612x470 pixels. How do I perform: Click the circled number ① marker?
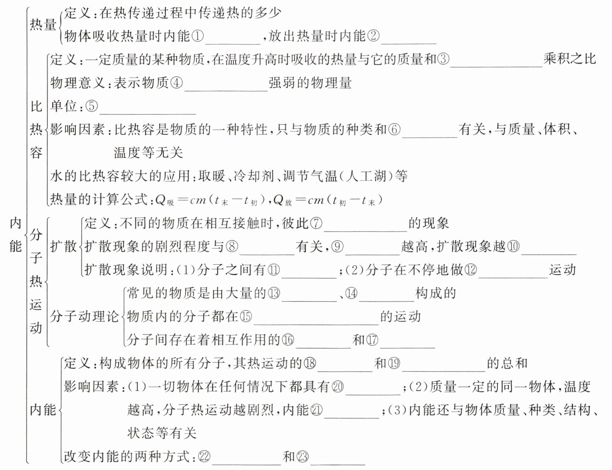tap(198, 36)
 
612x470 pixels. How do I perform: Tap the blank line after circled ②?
tap(409, 44)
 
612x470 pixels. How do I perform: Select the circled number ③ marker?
tap(443, 59)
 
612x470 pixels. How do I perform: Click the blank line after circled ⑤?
tap(148, 114)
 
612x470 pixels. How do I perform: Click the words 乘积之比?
tap(570, 59)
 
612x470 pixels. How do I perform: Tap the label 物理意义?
tap(78, 83)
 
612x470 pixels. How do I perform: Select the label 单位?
tap(64, 106)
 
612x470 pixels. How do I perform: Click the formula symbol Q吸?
tap(165, 201)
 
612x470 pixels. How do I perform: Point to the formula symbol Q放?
tap(282, 201)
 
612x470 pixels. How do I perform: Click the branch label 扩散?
tap(63, 246)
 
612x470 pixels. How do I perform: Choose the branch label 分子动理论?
tap(84, 316)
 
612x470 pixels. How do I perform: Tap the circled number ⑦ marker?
tap(316, 223)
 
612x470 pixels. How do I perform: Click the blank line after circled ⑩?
tap(549, 254)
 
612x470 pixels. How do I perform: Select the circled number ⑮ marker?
tap(246, 316)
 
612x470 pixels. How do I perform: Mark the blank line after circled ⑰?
tap(408, 348)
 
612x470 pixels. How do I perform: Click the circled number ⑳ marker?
tap(338, 386)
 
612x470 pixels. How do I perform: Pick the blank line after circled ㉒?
tap(246, 464)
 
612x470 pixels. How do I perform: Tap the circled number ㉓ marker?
tap(302, 457)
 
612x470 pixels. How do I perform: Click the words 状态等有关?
tap(162, 433)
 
